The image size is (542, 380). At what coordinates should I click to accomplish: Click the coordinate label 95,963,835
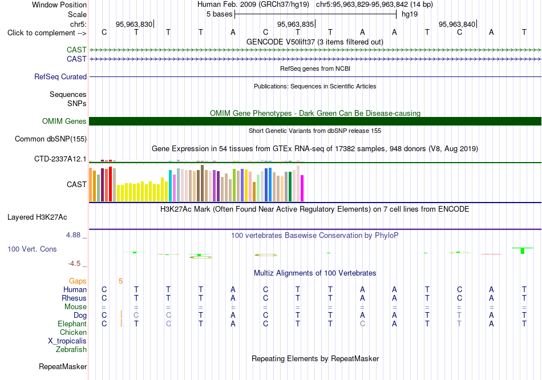tap(296, 24)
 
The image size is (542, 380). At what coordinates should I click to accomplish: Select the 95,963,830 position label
tap(134, 24)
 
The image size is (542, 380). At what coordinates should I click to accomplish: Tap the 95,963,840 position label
tap(457, 24)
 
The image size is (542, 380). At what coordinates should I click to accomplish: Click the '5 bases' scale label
tap(220, 14)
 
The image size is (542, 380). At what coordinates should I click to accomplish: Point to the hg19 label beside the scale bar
tap(410, 14)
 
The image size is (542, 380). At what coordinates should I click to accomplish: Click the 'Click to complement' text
tap(42, 33)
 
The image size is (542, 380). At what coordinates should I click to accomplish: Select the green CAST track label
tap(77, 50)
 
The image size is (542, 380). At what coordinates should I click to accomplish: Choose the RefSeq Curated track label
tap(60, 77)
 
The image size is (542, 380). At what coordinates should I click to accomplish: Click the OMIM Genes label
tap(64, 121)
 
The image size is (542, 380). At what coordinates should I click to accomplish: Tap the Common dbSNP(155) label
tap(51, 139)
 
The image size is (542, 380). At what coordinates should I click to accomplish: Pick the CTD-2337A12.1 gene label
tap(60, 159)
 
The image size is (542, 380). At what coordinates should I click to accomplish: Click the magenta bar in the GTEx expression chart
tap(302, 188)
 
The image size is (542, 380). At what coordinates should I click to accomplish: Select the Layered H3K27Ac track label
tap(37, 217)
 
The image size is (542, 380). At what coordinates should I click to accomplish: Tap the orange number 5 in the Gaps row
tap(120, 281)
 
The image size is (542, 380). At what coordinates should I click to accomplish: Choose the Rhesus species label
tap(74, 298)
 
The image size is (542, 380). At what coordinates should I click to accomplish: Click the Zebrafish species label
tap(71, 350)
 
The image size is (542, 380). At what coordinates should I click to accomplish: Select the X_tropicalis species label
tap(67, 341)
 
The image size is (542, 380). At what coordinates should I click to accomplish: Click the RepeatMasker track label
tap(63, 366)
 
